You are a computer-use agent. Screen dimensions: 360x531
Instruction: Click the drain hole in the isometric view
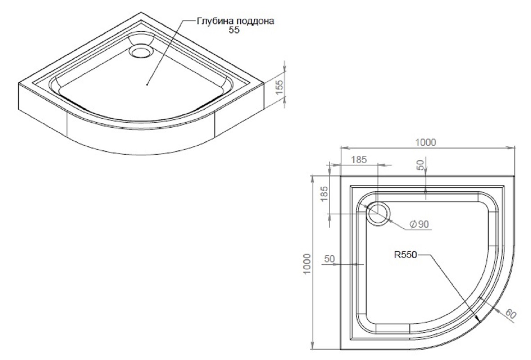(x=141, y=50)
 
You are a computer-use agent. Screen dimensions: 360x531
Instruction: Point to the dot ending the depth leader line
(x=147, y=84)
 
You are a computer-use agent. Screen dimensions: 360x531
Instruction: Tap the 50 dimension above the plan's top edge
(x=421, y=165)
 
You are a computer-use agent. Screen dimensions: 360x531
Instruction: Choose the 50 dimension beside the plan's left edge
(x=329, y=259)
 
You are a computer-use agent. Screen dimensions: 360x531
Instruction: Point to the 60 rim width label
(x=509, y=314)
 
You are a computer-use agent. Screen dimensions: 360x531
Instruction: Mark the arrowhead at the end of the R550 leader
(x=477, y=319)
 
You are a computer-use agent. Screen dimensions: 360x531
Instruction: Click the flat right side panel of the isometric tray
(x=239, y=115)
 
